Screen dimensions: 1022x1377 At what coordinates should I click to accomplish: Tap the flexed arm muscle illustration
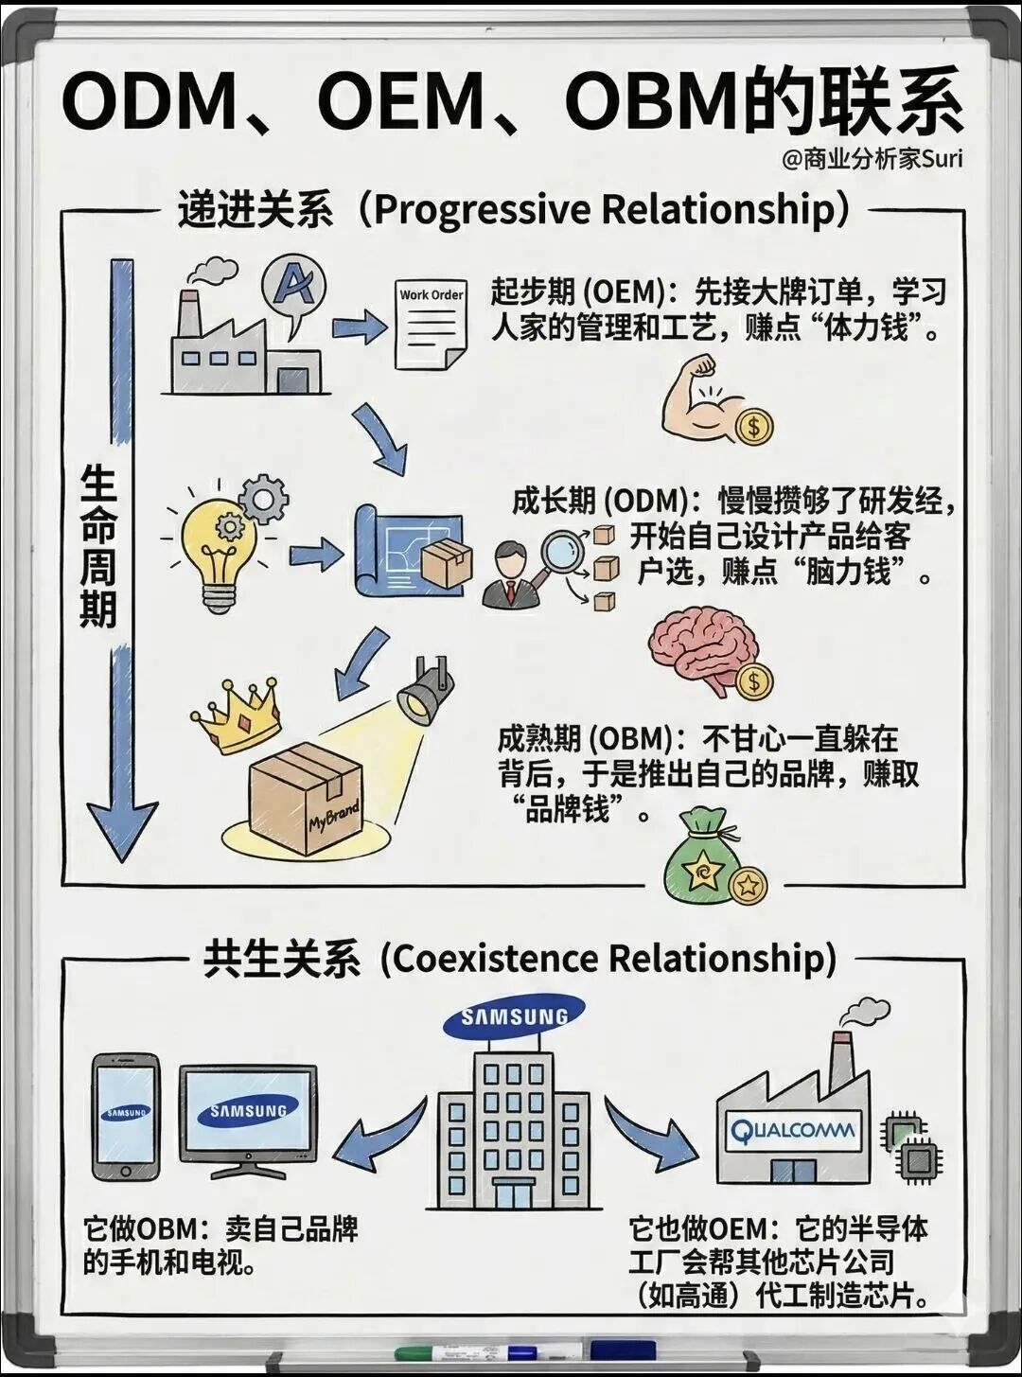(700, 397)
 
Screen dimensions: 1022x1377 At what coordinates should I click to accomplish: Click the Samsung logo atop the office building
(514, 1016)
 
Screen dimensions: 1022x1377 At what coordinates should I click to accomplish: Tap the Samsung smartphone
(127, 1116)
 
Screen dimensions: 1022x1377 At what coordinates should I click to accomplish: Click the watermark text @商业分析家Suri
(872, 160)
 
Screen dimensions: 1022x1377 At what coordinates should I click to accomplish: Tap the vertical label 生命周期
(98, 547)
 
